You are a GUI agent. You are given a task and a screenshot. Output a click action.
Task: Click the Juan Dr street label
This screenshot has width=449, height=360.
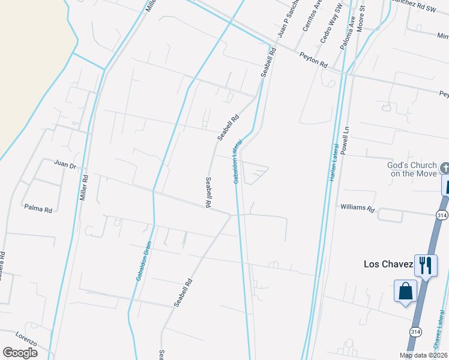pos(65,164)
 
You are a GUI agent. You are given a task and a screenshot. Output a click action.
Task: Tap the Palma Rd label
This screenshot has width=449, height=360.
pos(38,208)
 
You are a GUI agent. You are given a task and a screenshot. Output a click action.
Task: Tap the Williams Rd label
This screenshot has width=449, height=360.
pos(357,209)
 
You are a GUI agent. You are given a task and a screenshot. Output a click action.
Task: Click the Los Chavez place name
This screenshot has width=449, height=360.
pos(389,264)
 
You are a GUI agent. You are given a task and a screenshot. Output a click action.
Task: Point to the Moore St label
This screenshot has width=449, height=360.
pos(362,18)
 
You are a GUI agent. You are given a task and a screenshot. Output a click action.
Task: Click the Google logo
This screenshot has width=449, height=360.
pos(20,353)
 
